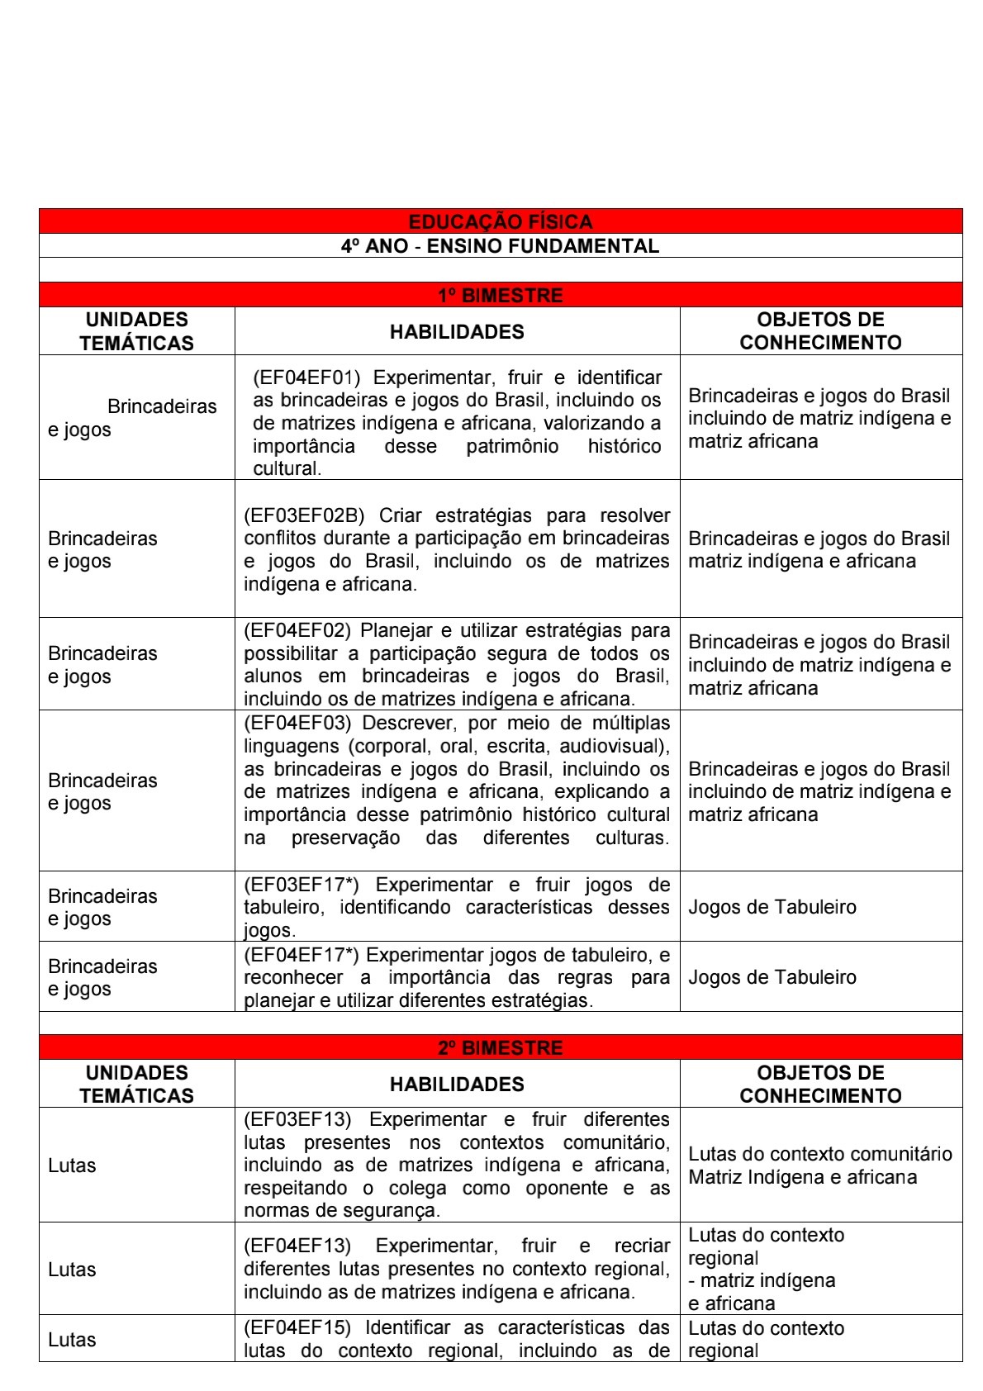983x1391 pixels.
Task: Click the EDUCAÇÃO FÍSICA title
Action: click(x=500, y=221)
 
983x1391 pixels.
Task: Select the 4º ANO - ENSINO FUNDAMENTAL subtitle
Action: click(x=500, y=246)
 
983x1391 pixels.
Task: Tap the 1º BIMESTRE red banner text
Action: click(x=500, y=295)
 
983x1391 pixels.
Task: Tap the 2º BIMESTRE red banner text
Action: click(x=500, y=1047)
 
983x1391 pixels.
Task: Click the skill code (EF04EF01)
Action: click(x=306, y=377)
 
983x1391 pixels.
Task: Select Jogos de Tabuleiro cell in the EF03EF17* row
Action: click(x=772, y=907)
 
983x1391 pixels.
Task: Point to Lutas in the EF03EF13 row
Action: click(x=72, y=1165)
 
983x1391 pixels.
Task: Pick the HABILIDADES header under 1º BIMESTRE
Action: click(x=457, y=332)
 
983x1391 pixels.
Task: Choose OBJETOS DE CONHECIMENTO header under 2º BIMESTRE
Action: click(x=820, y=1084)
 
